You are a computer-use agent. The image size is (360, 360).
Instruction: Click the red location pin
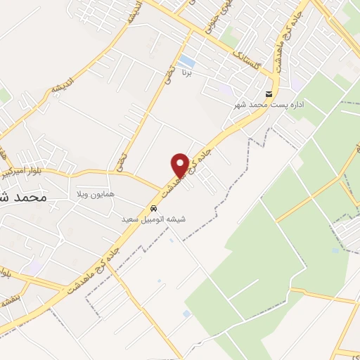(x=180, y=165)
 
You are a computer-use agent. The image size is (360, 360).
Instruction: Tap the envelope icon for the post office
(x=269, y=94)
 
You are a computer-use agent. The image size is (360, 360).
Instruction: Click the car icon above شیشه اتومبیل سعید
(x=153, y=208)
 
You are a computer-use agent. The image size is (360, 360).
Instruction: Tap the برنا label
(x=186, y=72)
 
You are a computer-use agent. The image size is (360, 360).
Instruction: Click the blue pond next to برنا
(x=186, y=61)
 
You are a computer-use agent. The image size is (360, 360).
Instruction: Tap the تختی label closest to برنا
(x=169, y=76)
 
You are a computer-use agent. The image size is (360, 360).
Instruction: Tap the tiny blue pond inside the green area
(x=335, y=250)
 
